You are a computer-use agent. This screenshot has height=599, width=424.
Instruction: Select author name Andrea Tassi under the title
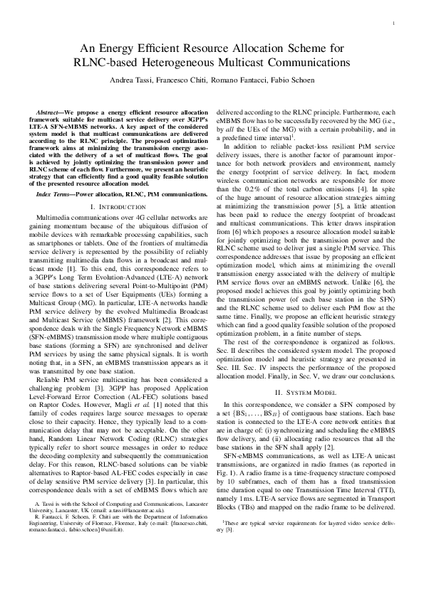(x=131, y=80)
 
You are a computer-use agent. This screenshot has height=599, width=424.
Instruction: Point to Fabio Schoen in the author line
(x=295, y=80)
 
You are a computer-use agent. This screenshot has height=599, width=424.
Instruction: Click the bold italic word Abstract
(x=50, y=113)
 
